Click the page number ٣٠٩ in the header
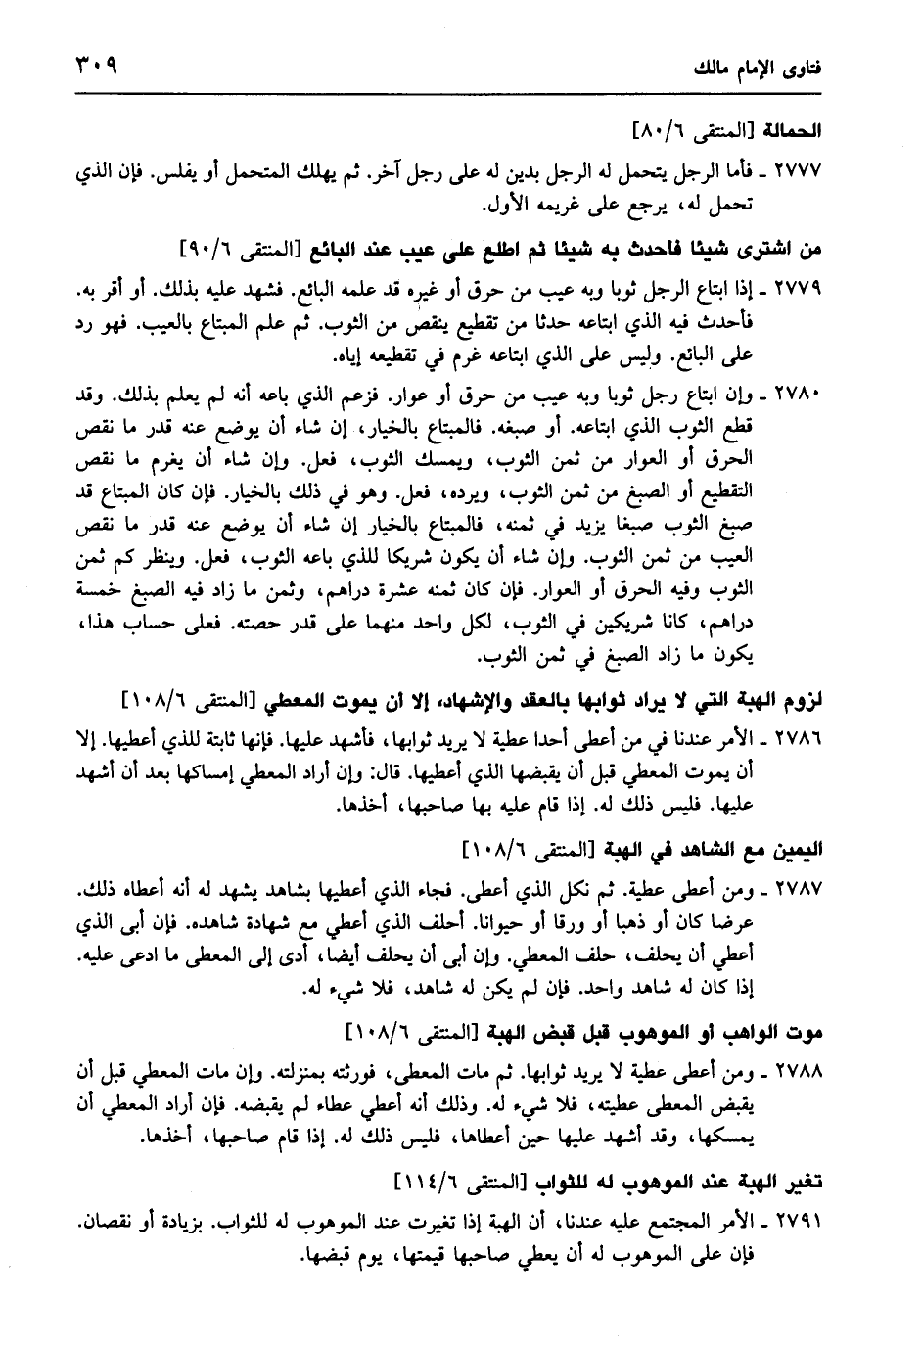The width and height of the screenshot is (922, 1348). coord(95,70)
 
